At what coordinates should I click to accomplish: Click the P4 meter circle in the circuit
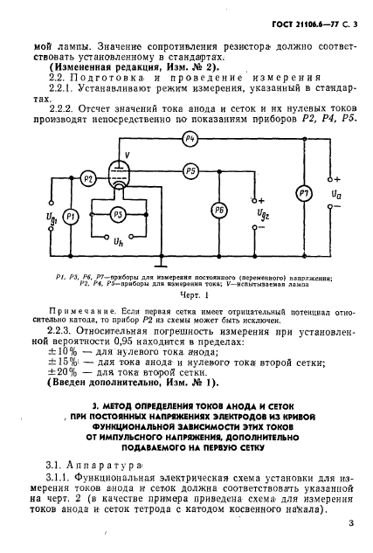pos(190,141)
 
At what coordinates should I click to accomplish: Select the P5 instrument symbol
pos(190,171)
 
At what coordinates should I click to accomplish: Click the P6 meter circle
pos(219,211)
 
